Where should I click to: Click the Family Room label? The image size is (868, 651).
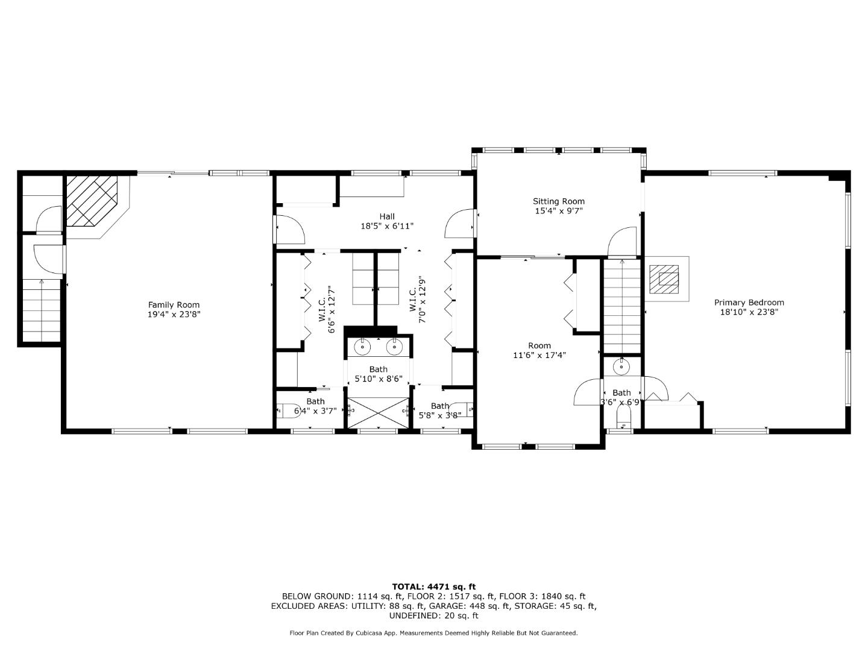[x=174, y=305]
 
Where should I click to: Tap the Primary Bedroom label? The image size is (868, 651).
[x=749, y=303]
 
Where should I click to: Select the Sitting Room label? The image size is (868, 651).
[x=558, y=201]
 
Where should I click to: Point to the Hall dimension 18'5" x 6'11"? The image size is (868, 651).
[x=386, y=226]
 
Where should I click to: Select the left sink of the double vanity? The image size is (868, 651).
[x=363, y=347]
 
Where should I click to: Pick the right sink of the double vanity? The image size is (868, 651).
[x=394, y=347]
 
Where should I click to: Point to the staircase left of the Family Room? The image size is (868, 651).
[x=42, y=310]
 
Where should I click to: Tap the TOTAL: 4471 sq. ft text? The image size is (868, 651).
[x=433, y=586]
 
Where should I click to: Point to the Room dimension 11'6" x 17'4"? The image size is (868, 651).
[x=539, y=355]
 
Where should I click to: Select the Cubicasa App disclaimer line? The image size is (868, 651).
[x=433, y=633]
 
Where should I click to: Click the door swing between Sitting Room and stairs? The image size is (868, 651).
[x=622, y=241]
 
